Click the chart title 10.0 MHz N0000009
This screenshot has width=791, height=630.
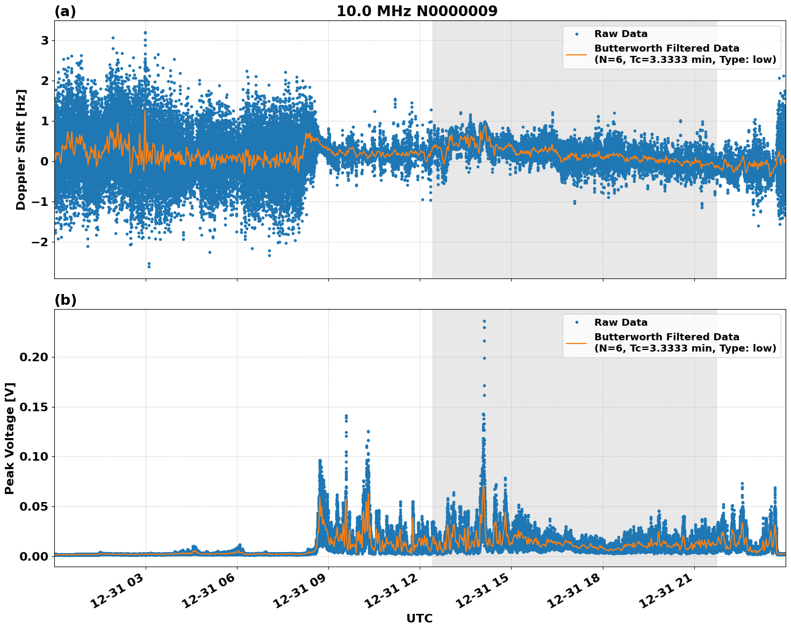click(417, 11)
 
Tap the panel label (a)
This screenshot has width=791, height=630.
click(65, 11)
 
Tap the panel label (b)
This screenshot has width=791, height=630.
click(65, 300)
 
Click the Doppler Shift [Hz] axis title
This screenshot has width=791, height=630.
click(21, 149)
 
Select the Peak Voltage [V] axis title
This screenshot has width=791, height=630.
click(10, 438)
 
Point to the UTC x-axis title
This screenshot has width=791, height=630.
click(419, 618)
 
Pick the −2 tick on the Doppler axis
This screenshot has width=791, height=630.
click(38, 242)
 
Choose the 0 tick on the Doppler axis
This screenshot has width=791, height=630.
click(45, 162)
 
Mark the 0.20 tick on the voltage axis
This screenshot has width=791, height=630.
click(34, 357)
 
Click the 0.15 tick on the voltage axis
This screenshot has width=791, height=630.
click(34, 407)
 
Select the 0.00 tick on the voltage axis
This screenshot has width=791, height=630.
click(34, 556)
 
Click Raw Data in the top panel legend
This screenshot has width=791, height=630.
click(621, 34)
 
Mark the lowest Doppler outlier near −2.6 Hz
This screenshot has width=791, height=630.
click(149, 266)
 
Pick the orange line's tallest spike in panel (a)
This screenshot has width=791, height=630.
click(145, 111)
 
